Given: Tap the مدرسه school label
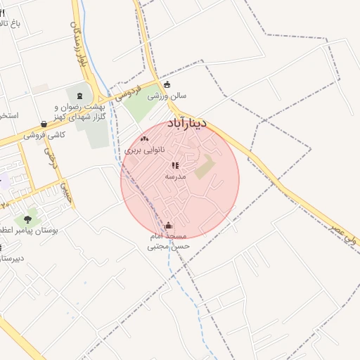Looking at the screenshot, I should point(175,176).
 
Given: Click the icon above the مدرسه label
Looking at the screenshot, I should point(175,165).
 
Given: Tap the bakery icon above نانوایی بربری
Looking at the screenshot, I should point(145,139).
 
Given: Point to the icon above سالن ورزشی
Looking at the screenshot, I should point(167,85).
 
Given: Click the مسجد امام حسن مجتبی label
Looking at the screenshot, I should point(168,241).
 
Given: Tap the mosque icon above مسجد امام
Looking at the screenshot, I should point(168,226).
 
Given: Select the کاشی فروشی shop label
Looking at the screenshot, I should point(44,134).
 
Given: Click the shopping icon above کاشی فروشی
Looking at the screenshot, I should point(44,124).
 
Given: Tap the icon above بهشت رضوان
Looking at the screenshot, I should point(79,95).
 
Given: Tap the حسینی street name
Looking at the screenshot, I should point(65,190).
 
